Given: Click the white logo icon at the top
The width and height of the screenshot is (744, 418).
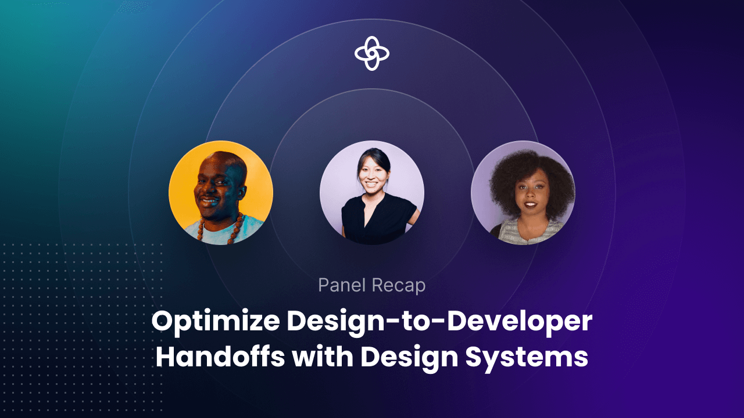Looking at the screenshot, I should tap(372, 53).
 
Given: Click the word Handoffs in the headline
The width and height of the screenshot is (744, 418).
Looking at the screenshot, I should tap(220, 357).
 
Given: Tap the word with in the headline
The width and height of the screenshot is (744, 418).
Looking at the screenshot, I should tap(322, 357).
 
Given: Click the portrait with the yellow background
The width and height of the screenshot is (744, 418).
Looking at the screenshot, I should tap(221, 193).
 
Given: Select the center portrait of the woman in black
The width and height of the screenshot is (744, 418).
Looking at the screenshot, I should tap(372, 193).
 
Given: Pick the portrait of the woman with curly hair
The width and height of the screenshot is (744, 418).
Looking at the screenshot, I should tap(523, 193).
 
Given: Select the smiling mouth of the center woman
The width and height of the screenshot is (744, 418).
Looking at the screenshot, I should tap(371, 187).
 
